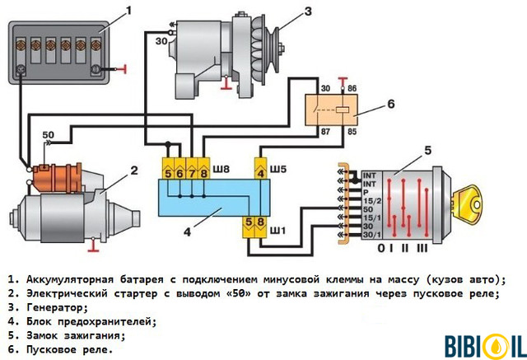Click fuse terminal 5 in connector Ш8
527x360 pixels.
(168, 173)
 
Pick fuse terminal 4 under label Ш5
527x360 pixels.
(260, 173)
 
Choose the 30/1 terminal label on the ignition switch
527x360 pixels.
(370, 236)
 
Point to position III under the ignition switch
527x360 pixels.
(422, 247)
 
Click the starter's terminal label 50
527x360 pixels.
(49, 134)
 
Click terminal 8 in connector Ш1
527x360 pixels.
(260, 222)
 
